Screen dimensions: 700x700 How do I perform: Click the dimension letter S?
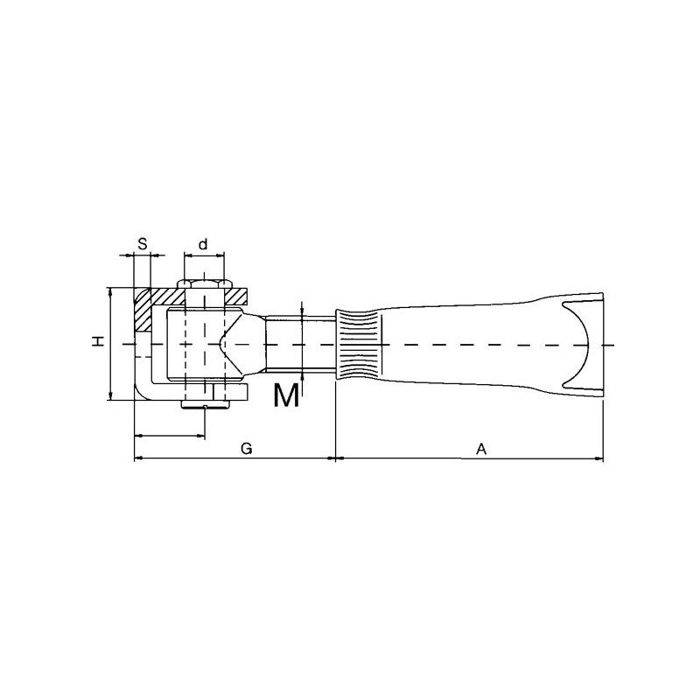tap(142, 244)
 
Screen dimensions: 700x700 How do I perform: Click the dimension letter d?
tap(203, 244)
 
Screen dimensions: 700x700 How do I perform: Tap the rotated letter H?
tap(98, 341)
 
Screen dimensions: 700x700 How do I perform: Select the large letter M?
tap(286, 395)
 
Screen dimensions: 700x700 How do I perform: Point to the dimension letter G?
tap(247, 448)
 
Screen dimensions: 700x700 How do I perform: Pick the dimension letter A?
tap(480, 449)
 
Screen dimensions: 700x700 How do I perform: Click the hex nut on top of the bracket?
tap(205, 283)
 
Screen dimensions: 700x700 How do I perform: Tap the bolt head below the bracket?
tap(206, 404)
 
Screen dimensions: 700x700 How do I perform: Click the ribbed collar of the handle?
tap(359, 344)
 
